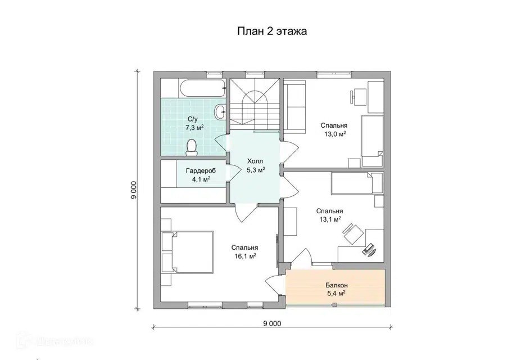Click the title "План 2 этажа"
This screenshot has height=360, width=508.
coord(272,31)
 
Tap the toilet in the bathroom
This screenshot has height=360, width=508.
coord(192,147)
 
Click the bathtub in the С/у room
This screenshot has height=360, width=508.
coord(202,88)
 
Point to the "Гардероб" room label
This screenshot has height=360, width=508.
coord(201,171)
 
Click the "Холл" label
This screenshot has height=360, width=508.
coord(255,161)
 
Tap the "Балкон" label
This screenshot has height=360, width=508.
coord(337,285)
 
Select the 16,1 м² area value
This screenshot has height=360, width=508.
coord(245,256)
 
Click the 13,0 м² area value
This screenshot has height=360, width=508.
coord(334,134)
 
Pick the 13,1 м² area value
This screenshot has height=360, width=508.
coord(330,219)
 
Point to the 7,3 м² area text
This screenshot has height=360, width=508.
coord(194,127)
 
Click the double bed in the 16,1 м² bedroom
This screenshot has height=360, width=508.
coord(192,252)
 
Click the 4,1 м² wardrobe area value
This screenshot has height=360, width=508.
coord(201,179)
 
